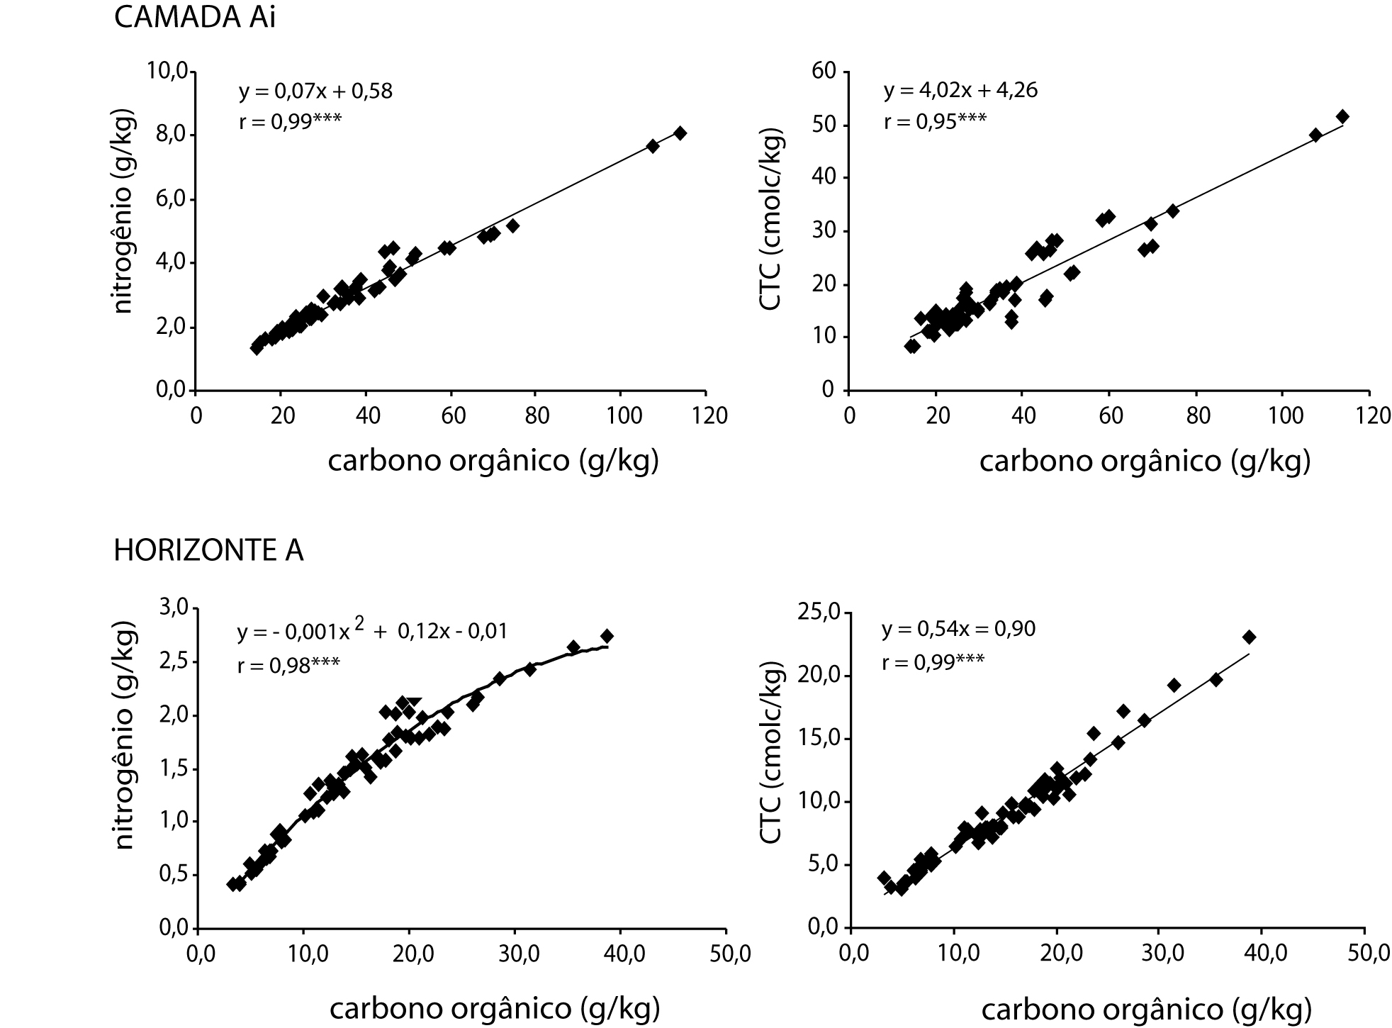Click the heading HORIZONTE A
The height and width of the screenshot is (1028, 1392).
point(208,551)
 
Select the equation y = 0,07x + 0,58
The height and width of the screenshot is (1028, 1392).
point(315,91)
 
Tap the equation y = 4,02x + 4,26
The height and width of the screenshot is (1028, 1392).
point(960,91)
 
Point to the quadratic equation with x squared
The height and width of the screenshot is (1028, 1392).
point(372,630)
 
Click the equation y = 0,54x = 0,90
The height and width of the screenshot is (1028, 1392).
point(958,629)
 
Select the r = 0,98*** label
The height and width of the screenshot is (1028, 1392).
point(288,664)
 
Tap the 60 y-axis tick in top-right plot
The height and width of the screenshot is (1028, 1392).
point(827,71)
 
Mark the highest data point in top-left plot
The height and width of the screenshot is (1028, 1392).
point(680,133)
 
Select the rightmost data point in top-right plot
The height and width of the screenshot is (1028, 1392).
point(1342,116)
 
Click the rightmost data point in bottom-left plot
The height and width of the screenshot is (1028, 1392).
point(607,636)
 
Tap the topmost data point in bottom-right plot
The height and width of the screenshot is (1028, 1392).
point(1249,637)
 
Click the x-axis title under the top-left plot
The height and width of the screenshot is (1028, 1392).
point(493,461)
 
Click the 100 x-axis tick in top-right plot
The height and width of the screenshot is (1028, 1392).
point(1284,415)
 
